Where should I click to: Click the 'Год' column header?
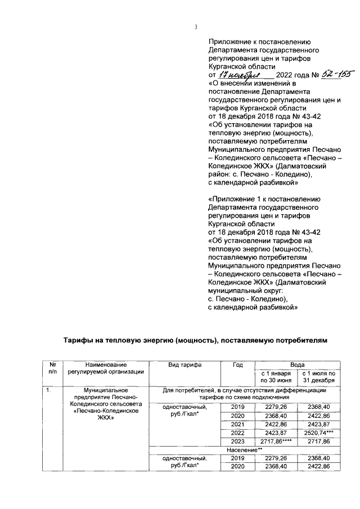tap(238, 364)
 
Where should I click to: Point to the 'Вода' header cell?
tap(296, 364)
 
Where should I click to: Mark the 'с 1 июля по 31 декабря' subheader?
tap(319, 376)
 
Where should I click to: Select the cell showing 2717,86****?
tap(274, 443)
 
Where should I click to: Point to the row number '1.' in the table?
tap(49, 389)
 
